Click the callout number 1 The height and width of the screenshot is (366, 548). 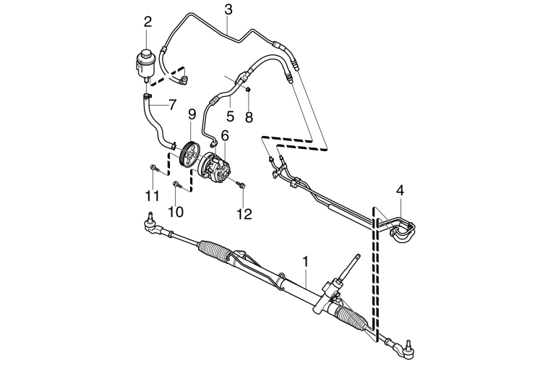(x=306, y=262)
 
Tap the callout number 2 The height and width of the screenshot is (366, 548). (x=147, y=22)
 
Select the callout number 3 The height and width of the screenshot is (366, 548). (x=228, y=10)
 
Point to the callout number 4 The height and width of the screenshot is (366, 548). (x=401, y=190)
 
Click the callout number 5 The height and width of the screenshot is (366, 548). (x=230, y=116)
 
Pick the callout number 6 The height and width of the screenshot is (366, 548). (x=224, y=135)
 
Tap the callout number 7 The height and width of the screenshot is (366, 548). (x=171, y=105)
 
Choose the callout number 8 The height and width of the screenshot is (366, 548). (x=249, y=117)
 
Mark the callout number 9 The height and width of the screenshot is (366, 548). (x=192, y=114)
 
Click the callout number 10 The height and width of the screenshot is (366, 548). (x=176, y=211)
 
